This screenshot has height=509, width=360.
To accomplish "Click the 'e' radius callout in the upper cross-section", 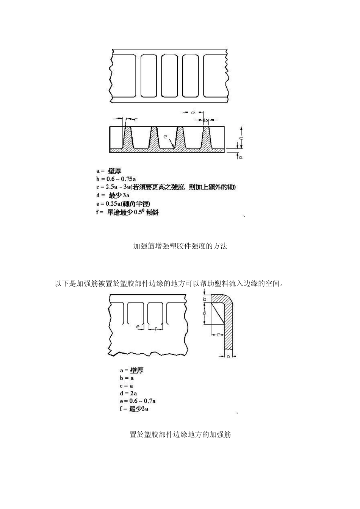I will (x=165, y=137).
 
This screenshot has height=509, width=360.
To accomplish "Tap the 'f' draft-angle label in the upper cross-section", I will (x=135, y=120).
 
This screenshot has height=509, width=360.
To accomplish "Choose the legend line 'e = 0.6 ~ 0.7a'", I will (x=138, y=401).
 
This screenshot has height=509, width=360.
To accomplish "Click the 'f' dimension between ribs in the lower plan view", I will (x=156, y=329).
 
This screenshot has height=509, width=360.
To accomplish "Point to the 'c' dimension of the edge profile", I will (x=218, y=335).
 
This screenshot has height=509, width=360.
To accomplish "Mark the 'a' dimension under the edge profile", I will (x=228, y=356).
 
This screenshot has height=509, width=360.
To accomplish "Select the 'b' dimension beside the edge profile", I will (x=205, y=299).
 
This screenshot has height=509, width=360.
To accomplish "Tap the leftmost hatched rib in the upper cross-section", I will (x=128, y=138).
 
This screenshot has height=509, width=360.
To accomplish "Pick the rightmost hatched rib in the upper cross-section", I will (x=207, y=138).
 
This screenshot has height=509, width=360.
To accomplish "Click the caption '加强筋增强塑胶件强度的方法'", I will (x=180, y=246).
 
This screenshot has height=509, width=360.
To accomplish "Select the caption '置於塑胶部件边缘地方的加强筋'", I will (x=180, y=435).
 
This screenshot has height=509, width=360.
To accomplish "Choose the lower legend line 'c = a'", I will (x=127, y=386).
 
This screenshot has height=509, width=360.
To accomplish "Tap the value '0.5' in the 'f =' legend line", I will (x=138, y=212).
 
